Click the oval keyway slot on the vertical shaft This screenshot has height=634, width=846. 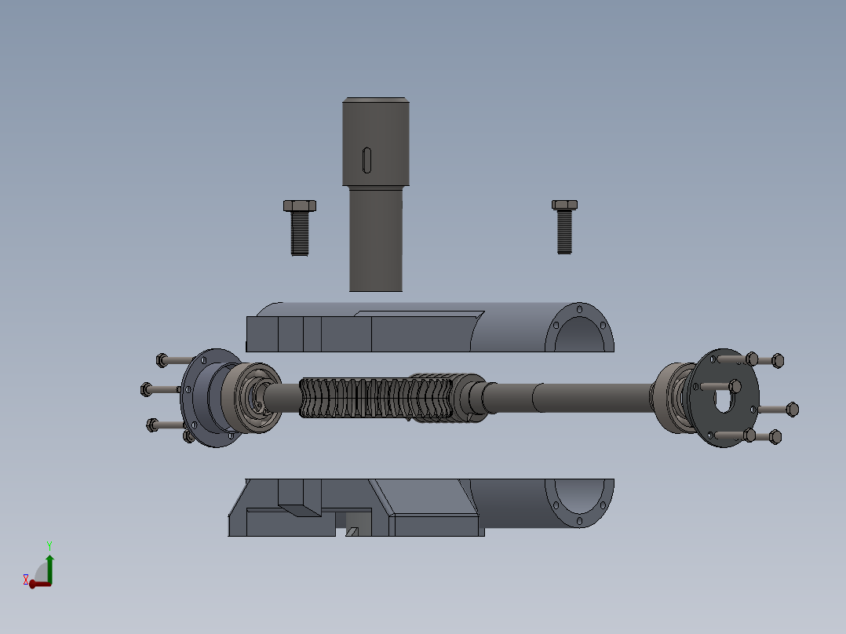[367, 159]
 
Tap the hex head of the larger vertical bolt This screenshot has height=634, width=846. [299, 206]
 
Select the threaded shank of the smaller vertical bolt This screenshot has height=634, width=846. [564, 232]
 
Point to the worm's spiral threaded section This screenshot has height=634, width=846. [377, 398]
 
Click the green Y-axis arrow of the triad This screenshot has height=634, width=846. [49, 563]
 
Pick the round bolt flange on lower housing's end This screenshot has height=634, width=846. [581, 502]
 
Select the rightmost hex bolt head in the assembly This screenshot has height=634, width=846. [792, 409]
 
